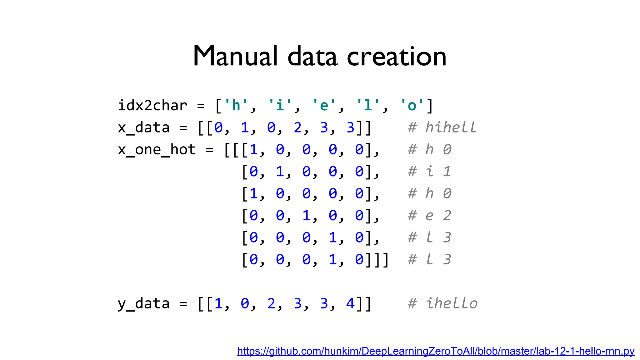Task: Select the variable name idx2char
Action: click(152, 106)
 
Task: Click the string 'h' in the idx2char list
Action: click(236, 106)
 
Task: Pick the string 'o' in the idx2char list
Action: click(412, 106)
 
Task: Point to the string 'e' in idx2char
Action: click(324, 106)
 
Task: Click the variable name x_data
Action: click(143, 127)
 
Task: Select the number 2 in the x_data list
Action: click(297, 127)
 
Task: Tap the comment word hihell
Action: click(451, 127)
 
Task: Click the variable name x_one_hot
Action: click(157, 150)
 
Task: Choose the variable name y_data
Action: click(143, 303)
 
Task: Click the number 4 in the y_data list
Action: click(350, 303)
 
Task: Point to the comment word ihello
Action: click(452, 303)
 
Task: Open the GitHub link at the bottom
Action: click(436, 351)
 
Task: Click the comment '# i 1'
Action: click(430, 172)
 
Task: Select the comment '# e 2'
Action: click(430, 216)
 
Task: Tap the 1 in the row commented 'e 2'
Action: click(306, 216)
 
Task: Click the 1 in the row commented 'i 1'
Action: click(280, 172)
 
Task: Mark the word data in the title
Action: click(312, 56)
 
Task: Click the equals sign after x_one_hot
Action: click(210, 150)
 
